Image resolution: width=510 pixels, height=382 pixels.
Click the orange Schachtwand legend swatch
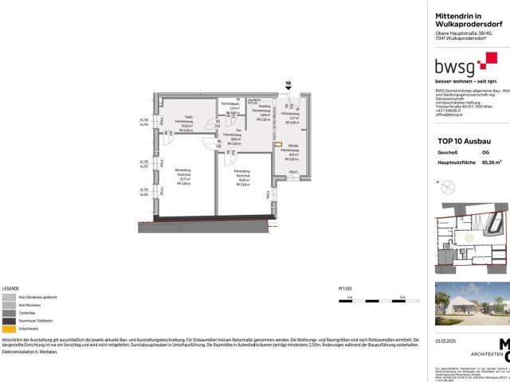click(x=7, y=307)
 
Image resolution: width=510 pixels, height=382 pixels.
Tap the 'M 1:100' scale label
click(x=344, y=267)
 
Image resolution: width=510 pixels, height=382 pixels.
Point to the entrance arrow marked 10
click(x=288, y=86)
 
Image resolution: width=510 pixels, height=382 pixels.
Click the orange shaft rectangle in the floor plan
click(x=277, y=144)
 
